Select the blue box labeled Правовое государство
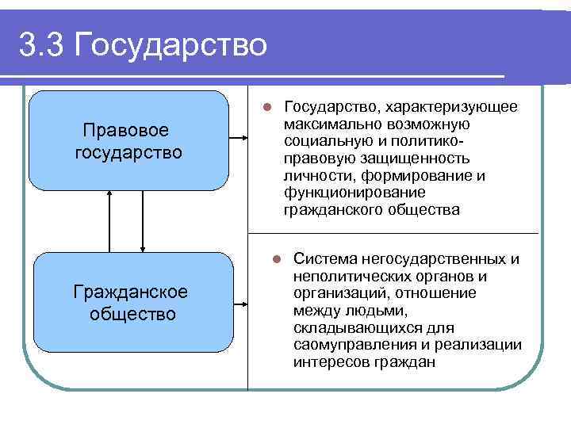coord(128,140)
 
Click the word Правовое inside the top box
coord(128,129)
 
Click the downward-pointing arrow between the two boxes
coord(142,221)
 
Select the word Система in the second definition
coord(324,259)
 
